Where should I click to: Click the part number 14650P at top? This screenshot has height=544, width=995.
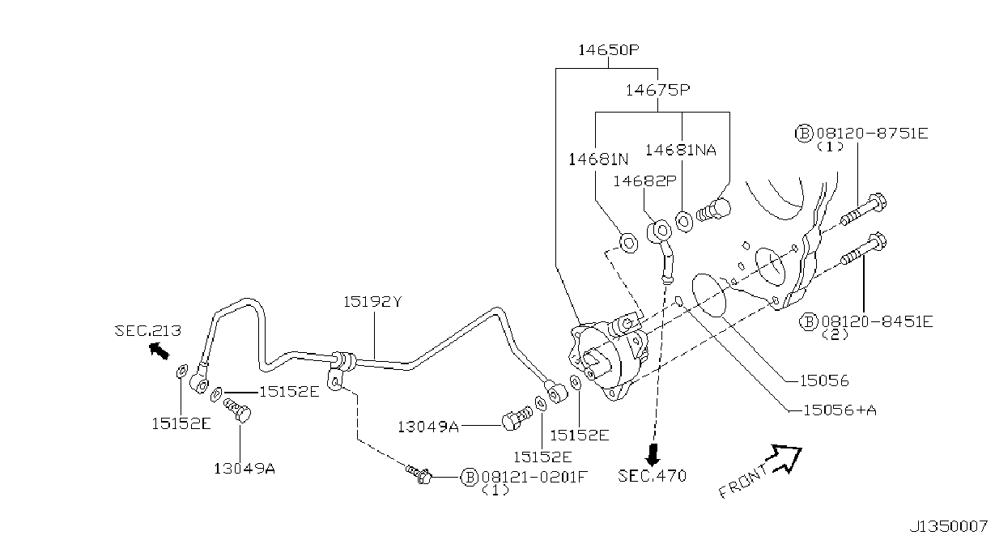tap(608, 49)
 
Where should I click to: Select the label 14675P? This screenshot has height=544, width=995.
tap(658, 90)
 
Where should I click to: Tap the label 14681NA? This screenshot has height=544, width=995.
tap(681, 150)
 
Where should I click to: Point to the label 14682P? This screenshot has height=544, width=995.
tap(644, 181)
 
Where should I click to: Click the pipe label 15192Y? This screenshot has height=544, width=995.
tap(372, 302)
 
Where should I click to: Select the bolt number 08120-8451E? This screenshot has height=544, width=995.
tap(878, 321)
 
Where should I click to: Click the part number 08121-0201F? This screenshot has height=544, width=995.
tap(534, 477)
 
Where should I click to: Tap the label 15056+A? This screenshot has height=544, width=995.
tap(840, 410)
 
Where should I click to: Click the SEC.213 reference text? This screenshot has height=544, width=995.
tap(148, 330)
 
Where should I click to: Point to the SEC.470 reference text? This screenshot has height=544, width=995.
tap(652, 476)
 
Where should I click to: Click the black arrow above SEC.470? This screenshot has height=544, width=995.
tap(653, 454)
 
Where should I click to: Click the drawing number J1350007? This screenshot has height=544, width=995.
tap(948, 527)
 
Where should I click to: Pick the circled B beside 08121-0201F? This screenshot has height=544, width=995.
tap(469, 477)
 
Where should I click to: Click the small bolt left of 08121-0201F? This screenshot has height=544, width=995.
tap(419, 474)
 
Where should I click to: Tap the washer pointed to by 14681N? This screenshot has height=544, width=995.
tap(628, 244)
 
